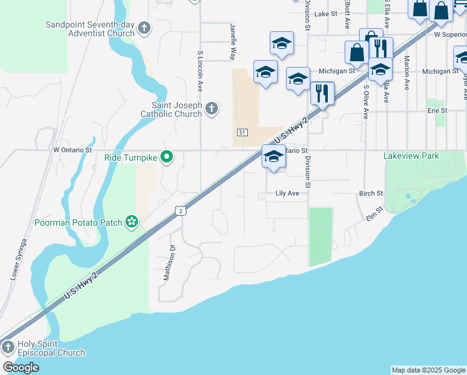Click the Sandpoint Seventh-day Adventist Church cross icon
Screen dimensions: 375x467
[144, 28]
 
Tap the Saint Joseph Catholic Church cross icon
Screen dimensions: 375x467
[212, 109]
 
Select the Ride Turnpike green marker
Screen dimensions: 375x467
[167, 156]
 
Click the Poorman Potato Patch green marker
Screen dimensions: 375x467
[131, 221]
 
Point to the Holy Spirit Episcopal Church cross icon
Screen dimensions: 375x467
[8, 346]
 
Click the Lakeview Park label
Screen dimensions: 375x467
[411, 156]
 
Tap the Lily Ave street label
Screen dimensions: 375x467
[287, 194]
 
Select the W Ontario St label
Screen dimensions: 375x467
[72, 150]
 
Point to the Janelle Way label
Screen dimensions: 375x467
[232, 42]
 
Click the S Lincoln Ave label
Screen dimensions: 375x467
[200, 71]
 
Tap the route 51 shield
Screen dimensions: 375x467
[243, 132]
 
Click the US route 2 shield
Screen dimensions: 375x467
[180, 211]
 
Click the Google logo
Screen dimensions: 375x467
[21, 367]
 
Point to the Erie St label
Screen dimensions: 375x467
[437, 111]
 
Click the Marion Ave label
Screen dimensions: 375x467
[406, 73]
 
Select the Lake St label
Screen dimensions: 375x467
[326, 13]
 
